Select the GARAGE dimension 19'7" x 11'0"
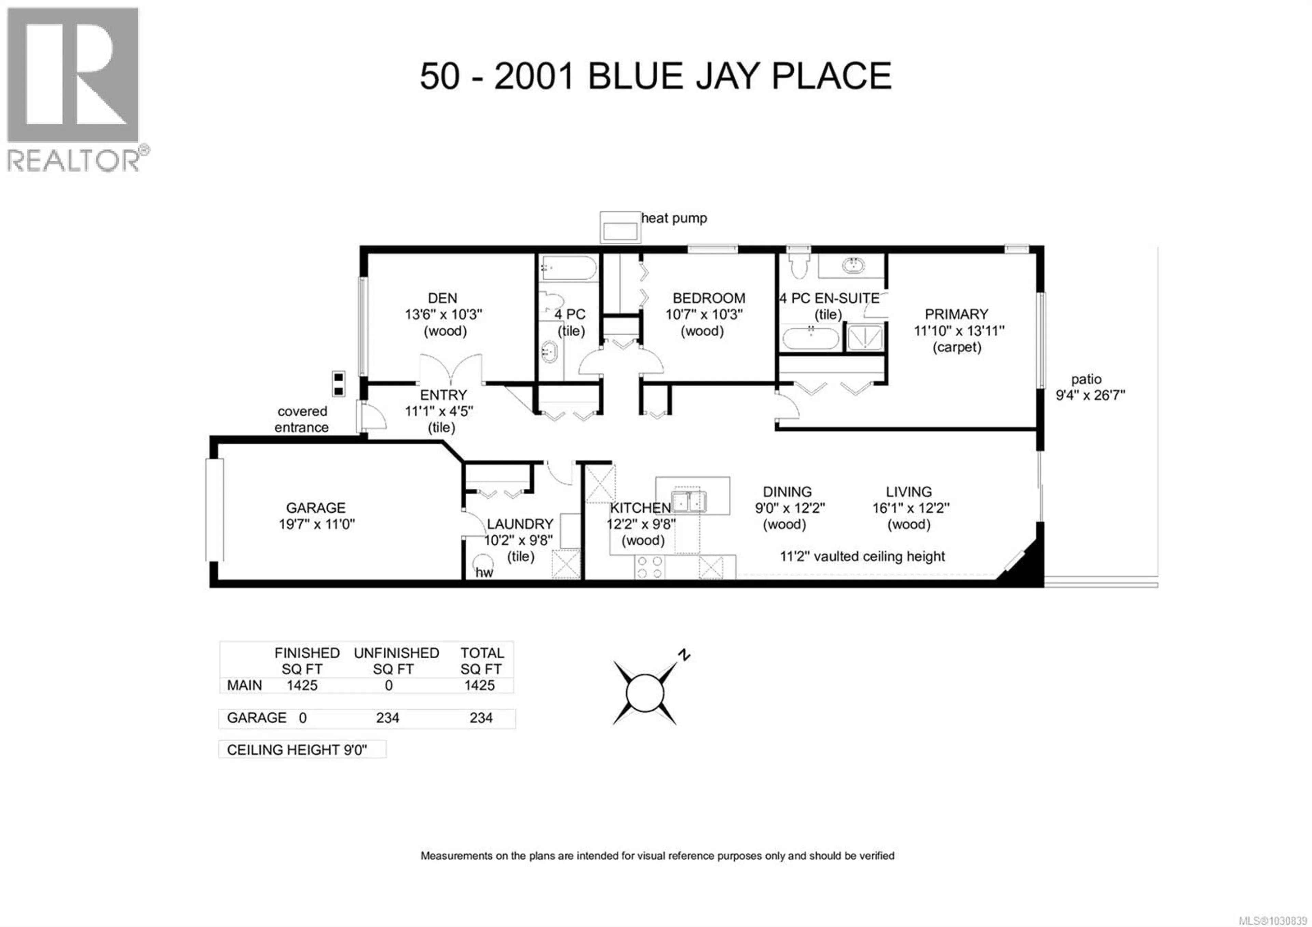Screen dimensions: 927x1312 coord(317,524)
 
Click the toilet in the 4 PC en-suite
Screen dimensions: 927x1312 coord(798,263)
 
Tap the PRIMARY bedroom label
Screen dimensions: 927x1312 coord(956,314)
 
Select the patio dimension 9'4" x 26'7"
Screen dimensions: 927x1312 coord(1090,395)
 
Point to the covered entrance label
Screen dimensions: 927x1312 coord(302,419)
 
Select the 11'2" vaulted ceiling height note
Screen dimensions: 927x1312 coord(862,556)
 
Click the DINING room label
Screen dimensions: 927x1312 coord(787,492)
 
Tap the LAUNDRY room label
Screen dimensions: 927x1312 coord(519,524)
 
